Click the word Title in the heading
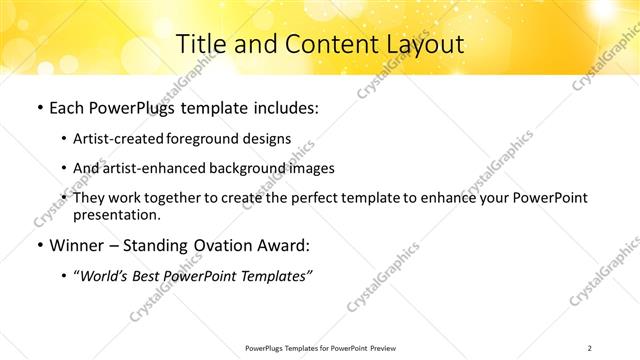(x=201, y=44)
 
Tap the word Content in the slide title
(x=321, y=44)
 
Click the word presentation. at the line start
(x=116, y=215)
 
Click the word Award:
(x=283, y=245)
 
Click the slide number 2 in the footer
(x=590, y=347)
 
